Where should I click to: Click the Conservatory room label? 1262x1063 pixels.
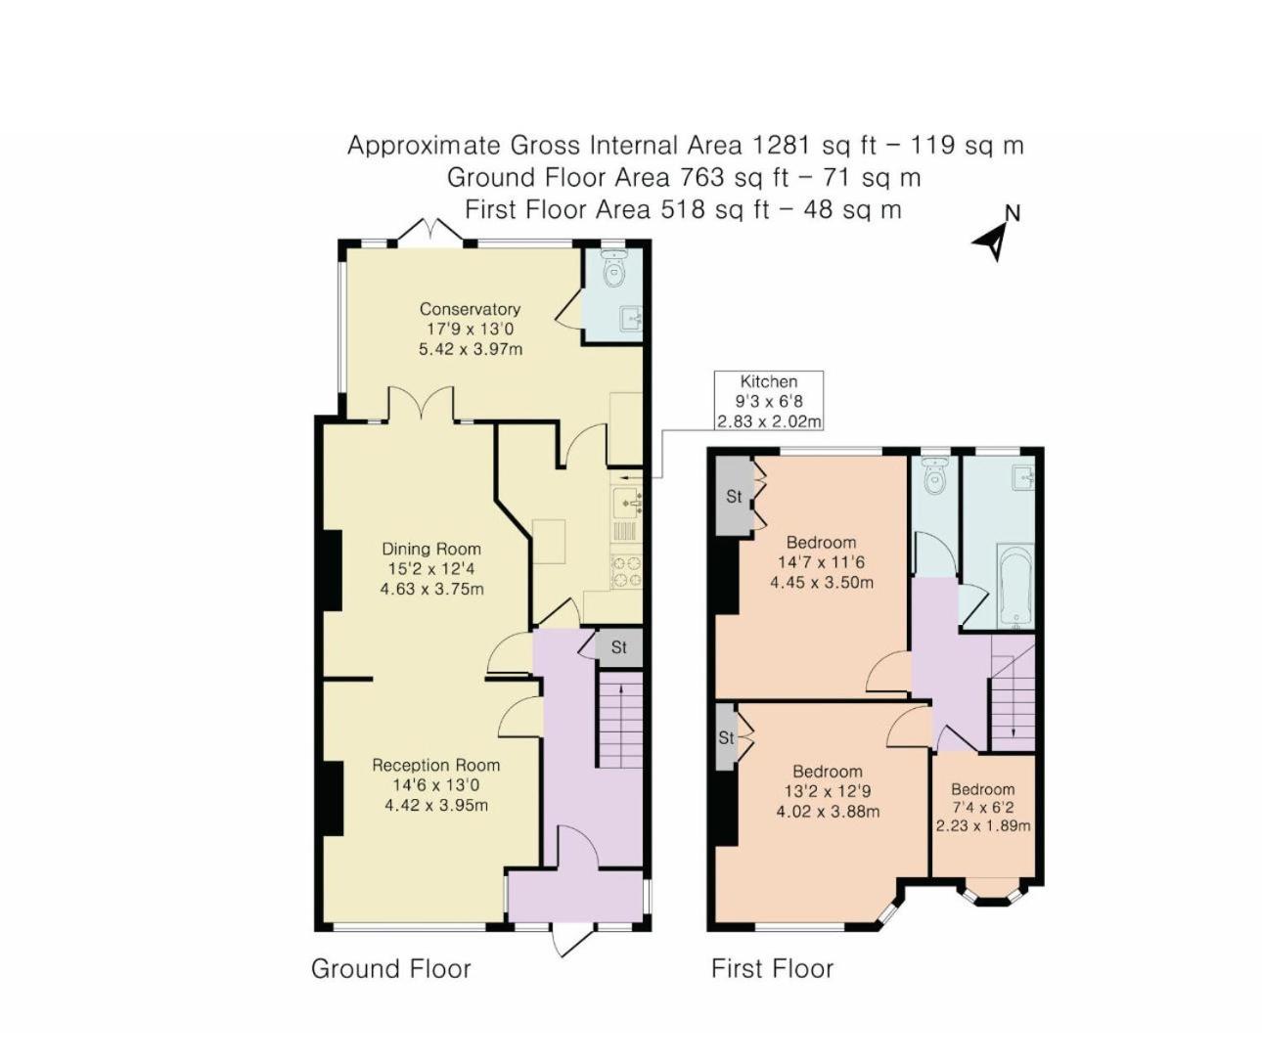470,309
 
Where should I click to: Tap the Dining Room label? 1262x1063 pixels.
431,549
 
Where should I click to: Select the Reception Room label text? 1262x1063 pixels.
435,765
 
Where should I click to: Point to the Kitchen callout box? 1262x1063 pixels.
769,401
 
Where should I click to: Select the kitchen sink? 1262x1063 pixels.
627,503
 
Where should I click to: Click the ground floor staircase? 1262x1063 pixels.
620,719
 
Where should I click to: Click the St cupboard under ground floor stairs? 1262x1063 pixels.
618,647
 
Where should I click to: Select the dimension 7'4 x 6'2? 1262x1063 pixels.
983,808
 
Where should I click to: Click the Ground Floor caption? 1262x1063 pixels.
390,969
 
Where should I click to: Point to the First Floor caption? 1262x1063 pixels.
772,969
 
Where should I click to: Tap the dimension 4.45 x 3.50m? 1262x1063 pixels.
822,583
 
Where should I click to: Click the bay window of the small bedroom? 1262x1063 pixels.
992,896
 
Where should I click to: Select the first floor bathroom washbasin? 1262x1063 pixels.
1022,478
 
